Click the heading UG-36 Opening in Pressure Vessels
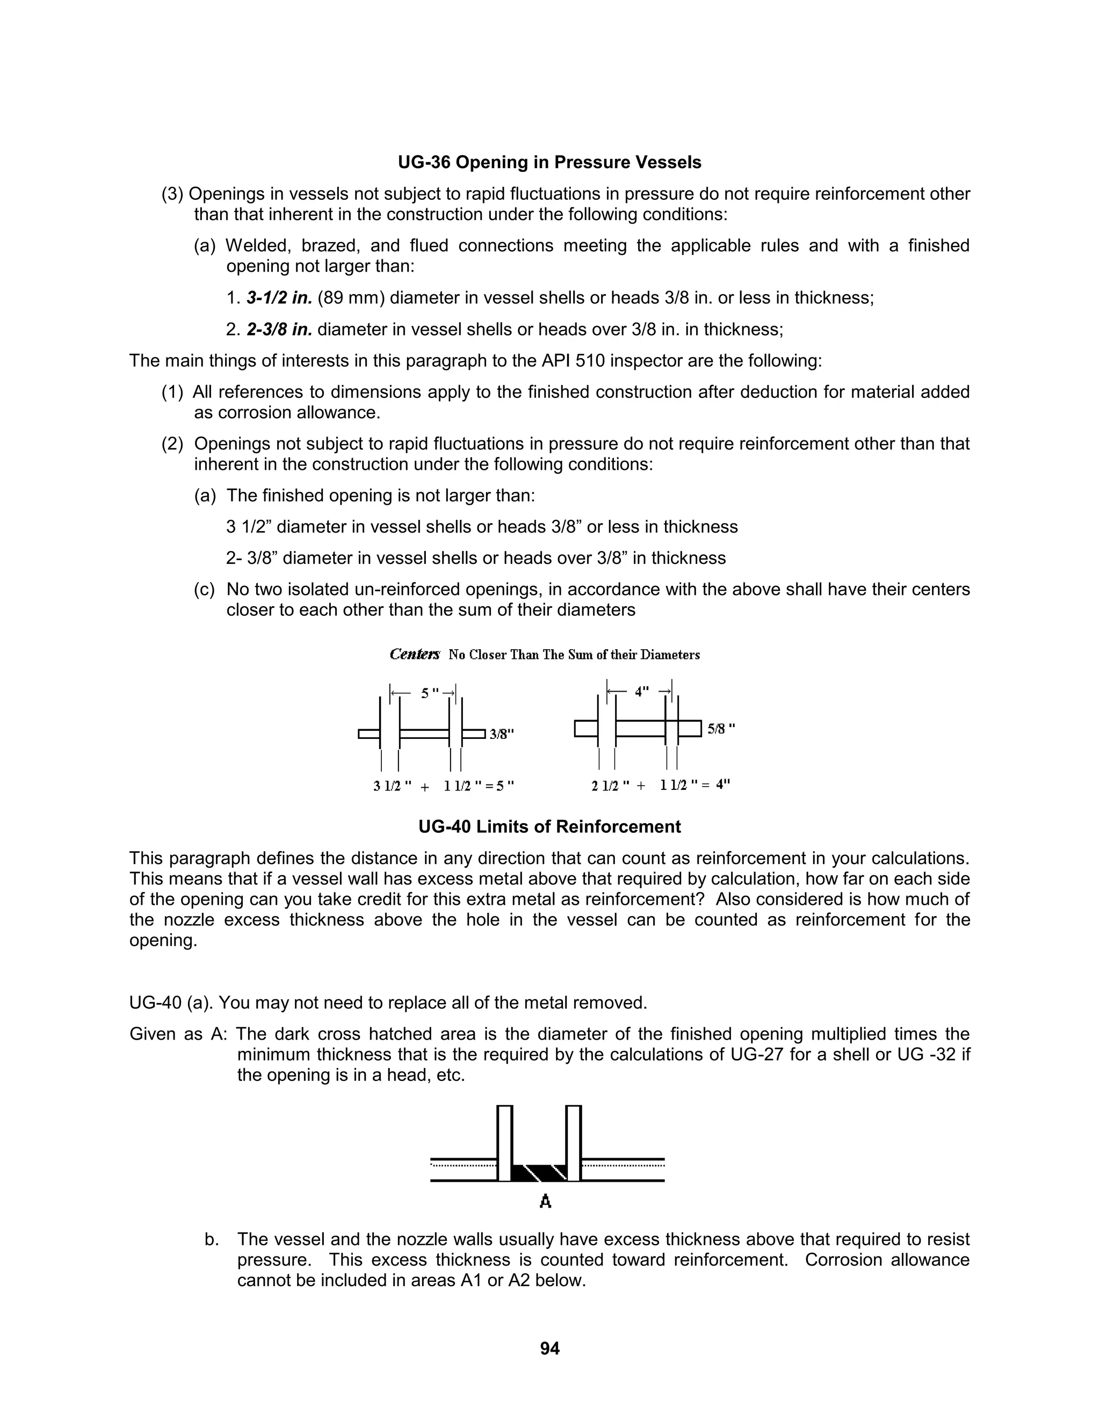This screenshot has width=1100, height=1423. [x=549, y=162]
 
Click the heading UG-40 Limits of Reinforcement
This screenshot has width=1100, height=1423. [x=549, y=827]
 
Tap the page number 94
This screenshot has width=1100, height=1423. [x=549, y=1348]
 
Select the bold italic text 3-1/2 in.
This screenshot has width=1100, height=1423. [x=279, y=299]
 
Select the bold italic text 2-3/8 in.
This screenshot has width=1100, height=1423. [x=279, y=330]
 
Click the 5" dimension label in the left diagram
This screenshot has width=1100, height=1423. [x=428, y=693]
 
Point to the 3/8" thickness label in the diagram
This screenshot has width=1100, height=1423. [x=502, y=734]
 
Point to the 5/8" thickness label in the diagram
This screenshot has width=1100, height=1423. [x=721, y=729]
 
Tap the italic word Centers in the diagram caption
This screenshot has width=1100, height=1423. [x=415, y=655]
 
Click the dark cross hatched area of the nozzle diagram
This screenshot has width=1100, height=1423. [x=540, y=1173]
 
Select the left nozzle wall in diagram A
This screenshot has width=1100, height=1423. [x=504, y=1143]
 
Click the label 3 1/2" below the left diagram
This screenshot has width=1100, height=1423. [x=392, y=787]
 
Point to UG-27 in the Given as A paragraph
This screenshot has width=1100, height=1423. [x=757, y=1055]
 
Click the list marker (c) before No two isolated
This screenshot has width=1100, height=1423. [x=204, y=590]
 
